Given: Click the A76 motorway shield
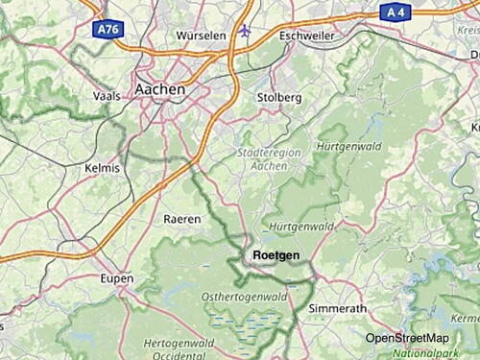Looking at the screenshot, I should (108, 31).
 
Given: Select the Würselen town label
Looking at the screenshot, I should (201, 36).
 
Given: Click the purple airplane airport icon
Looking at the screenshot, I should (245, 30).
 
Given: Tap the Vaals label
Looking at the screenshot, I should (106, 96).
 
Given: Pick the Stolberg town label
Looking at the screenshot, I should (279, 98).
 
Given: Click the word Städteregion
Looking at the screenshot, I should (262, 152).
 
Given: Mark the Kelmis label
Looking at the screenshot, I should (103, 168).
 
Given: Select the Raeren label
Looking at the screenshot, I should (182, 219).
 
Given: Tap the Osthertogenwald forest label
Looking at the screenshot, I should (240, 298).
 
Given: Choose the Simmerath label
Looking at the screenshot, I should (337, 309).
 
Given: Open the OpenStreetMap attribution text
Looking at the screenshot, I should (406, 338).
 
